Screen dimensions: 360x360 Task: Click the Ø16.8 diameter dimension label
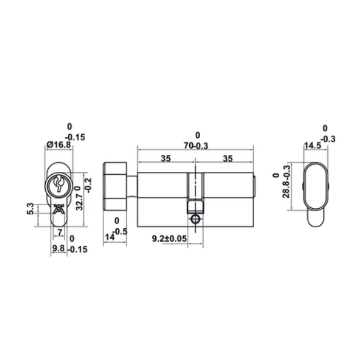pos(59,146)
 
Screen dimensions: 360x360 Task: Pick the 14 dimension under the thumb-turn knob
pos(110,237)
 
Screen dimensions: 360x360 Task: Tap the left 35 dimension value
pos(166,159)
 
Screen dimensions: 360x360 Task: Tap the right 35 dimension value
pos(226,159)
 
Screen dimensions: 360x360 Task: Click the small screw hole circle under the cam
pos(195,219)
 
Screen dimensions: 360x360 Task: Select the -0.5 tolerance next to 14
pos(121,231)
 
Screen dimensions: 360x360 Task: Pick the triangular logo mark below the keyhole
pos(58,210)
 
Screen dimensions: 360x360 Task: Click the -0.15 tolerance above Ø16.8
pos(75,137)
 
